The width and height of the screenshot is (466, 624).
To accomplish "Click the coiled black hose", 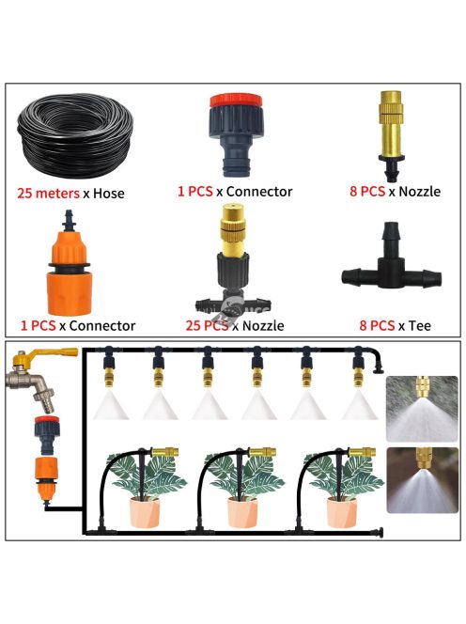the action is pyautogui.click(x=74, y=135).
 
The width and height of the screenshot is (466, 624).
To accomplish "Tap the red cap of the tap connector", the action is pyautogui.click(x=236, y=100).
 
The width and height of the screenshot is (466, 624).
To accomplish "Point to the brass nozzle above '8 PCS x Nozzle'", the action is pyautogui.click(x=391, y=135).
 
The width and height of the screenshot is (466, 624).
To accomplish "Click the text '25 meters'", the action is pyautogui.click(x=48, y=194).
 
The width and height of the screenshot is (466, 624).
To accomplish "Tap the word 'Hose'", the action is pyautogui.click(x=109, y=194).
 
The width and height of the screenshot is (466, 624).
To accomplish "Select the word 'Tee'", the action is pyautogui.click(x=420, y=326).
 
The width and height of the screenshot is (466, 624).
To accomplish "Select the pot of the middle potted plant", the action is pyautogui.click(x=242, y=512).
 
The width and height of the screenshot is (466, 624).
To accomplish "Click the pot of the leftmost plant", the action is pyautogui.click(x=144, y=512).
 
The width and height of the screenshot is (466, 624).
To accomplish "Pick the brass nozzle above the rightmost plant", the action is pyautogui.click(x=362, y=452).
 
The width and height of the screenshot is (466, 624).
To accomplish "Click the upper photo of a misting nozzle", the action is pyautogui.click(x=422, y=409).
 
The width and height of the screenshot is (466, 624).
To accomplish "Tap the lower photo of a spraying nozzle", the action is pyautogui.click(x=422, y=480).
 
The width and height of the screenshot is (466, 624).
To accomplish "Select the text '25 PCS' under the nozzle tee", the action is pyautogui.click(x=207, y=326).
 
